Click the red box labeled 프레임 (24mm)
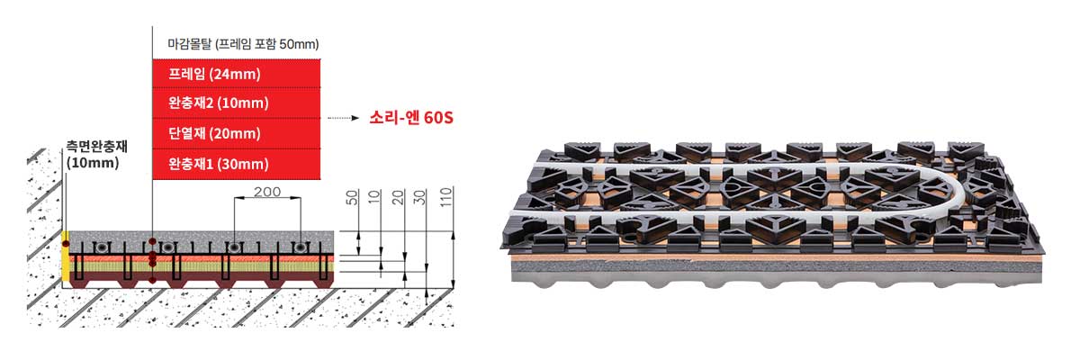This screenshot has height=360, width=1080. coord(236,74)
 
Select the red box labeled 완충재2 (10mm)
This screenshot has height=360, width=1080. coord(236,103)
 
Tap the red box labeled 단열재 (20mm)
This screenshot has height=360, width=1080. coord(236,133)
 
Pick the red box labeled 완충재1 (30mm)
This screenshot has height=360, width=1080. coord(236,164)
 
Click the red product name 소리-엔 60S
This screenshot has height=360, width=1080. coord(411,118)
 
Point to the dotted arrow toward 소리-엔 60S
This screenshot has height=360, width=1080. coord(343,118)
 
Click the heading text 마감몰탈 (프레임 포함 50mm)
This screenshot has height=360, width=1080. coord(243,44)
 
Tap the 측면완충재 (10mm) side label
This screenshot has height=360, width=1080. coord(96,154)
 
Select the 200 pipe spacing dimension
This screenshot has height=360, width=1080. coord(267,192)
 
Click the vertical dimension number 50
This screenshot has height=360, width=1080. coord(353,197)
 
